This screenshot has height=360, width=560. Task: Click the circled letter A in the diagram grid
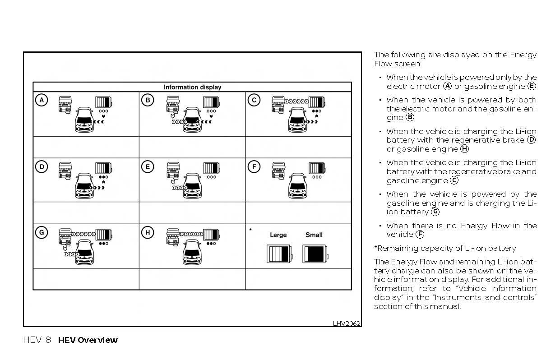tap(42, 100)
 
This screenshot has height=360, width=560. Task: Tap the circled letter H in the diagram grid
tap(148, 232)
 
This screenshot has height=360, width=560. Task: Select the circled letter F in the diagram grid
tap(254, 166)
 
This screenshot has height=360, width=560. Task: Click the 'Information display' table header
tap(192, 87)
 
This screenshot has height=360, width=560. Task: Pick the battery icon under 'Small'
tap(314, 254)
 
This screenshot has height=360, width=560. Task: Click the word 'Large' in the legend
tap(278, 235)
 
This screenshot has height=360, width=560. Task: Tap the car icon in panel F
tap(298, 186)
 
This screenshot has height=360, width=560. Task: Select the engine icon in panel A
tap(66, 104)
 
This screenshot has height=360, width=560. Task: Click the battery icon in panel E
tap(211, 168)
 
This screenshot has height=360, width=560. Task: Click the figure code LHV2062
tap(347, 323)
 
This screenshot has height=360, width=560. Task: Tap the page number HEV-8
tap(37, 340)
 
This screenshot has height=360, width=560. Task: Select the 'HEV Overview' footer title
tap(88, 340)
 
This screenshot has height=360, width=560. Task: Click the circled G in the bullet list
tap(435, 212)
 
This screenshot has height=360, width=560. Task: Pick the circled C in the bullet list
tap(454, 180)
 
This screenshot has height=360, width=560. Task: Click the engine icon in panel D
tap(66, 171)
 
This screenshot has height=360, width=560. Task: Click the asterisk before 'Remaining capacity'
tap(375, 248)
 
